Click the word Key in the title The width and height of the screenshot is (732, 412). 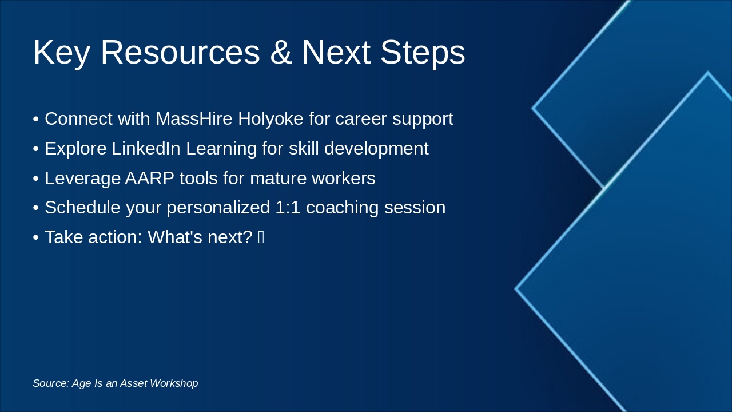tap(62, 53)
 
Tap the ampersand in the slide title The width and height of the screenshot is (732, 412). tap(280, 53)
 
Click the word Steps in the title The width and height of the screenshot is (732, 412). tap(422, 53)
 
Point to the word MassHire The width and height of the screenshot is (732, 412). tap(194, 119)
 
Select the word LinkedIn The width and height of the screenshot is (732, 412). tap(146, 149)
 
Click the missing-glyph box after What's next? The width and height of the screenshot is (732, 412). tap(261, 237)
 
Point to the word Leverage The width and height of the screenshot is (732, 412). tap(82, 179)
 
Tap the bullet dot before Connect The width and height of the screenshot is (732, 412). tap(35, 120)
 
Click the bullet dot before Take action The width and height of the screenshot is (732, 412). tap(35, 237)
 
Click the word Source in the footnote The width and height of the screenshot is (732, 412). tap(50, 383)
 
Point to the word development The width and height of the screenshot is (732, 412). tap(376, 149)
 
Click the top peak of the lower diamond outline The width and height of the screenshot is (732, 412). tap(708, 73)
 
